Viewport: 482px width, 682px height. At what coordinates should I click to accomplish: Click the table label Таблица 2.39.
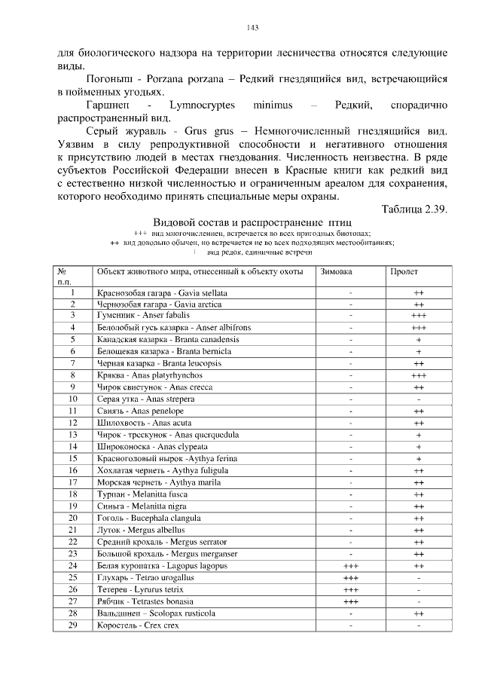point(414,209)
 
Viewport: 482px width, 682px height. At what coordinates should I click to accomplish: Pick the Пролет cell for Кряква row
point(419,375)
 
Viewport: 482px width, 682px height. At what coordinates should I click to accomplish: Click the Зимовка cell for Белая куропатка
point(349,565)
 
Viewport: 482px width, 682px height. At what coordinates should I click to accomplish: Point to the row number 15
point(73,458)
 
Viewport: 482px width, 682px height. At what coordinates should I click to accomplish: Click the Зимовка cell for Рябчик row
point(349,601)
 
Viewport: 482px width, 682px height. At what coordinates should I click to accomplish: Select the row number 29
point(73,625)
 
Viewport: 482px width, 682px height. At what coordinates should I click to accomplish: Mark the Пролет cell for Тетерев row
point(419,589)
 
